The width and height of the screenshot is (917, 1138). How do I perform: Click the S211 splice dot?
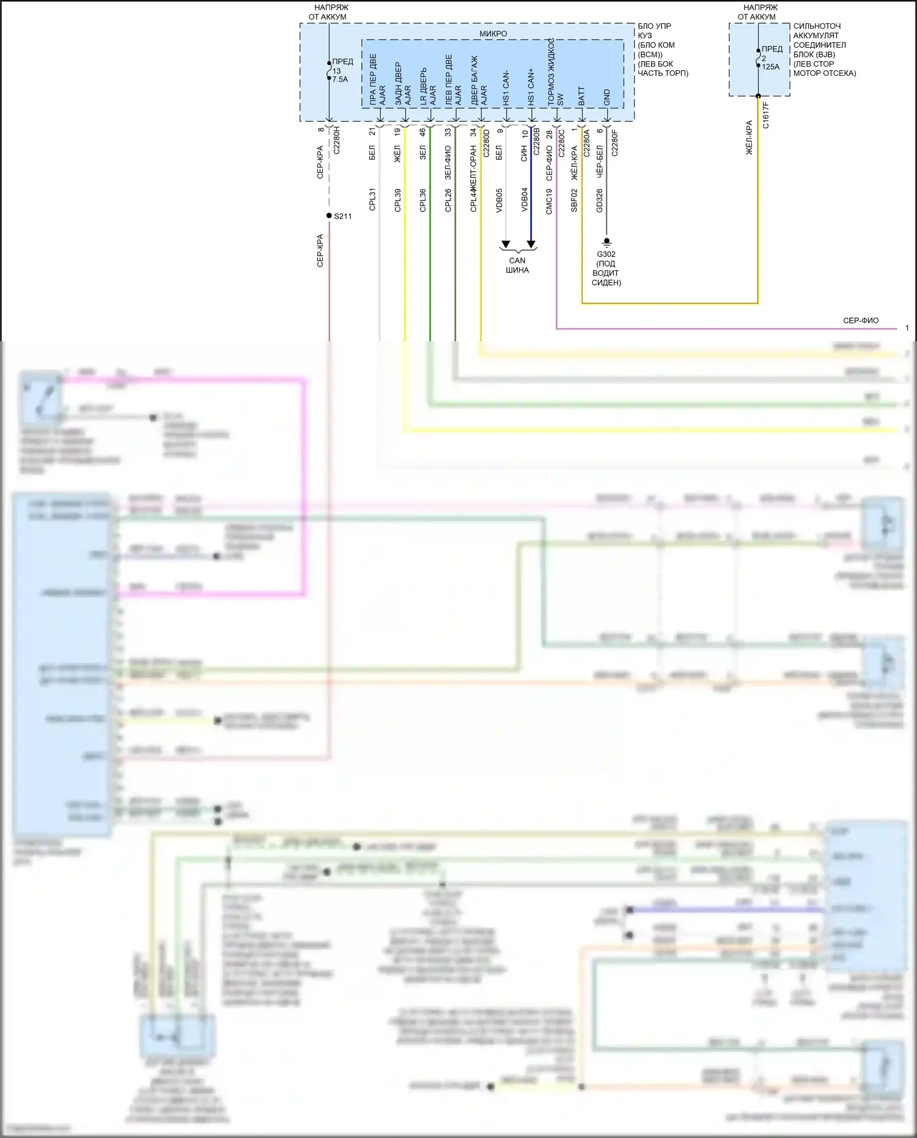pyautogui.click(x=329, y=216)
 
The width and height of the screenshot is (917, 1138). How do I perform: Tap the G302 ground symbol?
pyautogui.click(x=606, y=243)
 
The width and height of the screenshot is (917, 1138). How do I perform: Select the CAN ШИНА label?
pyautogui.click(x=517, y=265)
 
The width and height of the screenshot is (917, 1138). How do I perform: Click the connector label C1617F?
pyautogui.click(x=766, y=115)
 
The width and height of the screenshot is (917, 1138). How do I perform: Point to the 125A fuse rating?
pyautogui.click(x=771, y=67)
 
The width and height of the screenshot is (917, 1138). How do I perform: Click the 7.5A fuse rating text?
pyautogui.click(x=340, y=79)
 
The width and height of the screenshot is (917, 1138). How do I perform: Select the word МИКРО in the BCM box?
pyautogui.click(x=493, y=34)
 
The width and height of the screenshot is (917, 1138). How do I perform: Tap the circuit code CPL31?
pyautogui.click(x=372, y=200)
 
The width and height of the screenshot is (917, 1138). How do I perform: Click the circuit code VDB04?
pyautogui.click(x=525, y=200)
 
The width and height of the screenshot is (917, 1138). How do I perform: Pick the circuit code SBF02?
pyautogui.click(x=574, y=200)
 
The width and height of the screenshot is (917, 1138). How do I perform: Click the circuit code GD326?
pyautogui.click(x=599, y=200)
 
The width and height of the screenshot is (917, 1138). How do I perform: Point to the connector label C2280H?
pyautogui.click(x=336, y=141)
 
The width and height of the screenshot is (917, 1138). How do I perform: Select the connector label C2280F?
pyautogui.click(x=614, y=143)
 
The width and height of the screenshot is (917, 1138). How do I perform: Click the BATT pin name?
pyautogui.click(x=581, y=96)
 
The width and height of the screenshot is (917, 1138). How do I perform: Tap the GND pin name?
pyautogui.click(x=606, y=97)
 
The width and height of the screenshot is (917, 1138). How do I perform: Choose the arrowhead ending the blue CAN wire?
pyautogui.click(x=531, y=245)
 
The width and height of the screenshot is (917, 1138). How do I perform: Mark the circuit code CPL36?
pyautogui.click(x=423, y=200)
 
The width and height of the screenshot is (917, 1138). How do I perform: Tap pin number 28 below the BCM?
pyautogui.click(x=550, y=134)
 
